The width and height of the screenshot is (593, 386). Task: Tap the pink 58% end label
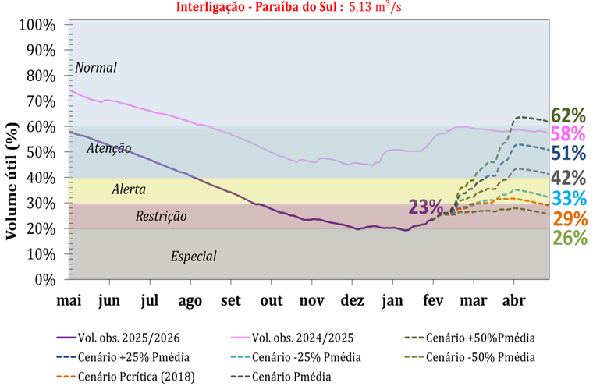[568, 133]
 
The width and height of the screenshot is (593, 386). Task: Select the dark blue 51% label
[568, 153]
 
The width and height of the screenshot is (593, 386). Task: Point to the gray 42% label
[568, 177]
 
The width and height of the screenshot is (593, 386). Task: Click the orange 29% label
[568, 218]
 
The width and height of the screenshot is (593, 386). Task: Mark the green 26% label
[568, 238]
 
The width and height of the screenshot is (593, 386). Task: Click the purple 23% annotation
[425, 207]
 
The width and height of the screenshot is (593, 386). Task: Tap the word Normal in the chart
[95, 68]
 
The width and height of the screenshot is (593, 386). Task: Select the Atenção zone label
[108, 148]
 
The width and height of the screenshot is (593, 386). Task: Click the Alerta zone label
[128, 189]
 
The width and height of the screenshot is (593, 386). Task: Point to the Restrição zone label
[161, 216]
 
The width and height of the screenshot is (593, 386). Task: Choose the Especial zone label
[193, 257]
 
